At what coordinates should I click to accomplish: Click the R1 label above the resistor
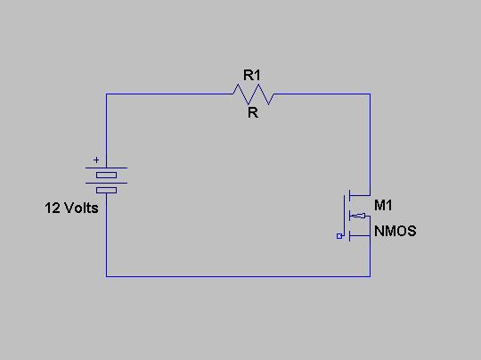[x=252, y=75]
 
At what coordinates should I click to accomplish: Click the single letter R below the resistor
[x=253, y=113]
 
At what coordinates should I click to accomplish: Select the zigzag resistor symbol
[x=253, y=94]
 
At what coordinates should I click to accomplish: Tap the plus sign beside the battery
[x=96, y=160]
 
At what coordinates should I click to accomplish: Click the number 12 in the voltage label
[x=53, y=209]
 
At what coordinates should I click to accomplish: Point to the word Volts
[x=81, y=209]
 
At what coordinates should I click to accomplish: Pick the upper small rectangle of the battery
[x=107, y=176]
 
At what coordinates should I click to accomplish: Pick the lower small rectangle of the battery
[x=107, y=191]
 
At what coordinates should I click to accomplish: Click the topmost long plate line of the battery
[x=107, y=168]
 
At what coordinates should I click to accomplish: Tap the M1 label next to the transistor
[x=383, y=205]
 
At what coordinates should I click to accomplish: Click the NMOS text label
[x=395, y=231]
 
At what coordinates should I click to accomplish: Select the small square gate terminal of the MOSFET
[x=339, y=236]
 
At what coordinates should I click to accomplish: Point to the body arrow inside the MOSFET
[x=358, y=216]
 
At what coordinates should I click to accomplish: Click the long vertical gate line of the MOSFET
[x=344, y=216]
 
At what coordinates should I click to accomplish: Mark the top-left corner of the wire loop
[x=107, y=94]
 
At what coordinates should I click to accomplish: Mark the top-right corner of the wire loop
[x=370, y=94]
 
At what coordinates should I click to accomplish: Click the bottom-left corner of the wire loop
[x=107, y=276]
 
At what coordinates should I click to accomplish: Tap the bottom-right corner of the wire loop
[x=370, y=276]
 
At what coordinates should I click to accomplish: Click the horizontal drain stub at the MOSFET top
[x=360, y=195]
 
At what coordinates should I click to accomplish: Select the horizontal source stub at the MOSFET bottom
[x=360, y=236]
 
